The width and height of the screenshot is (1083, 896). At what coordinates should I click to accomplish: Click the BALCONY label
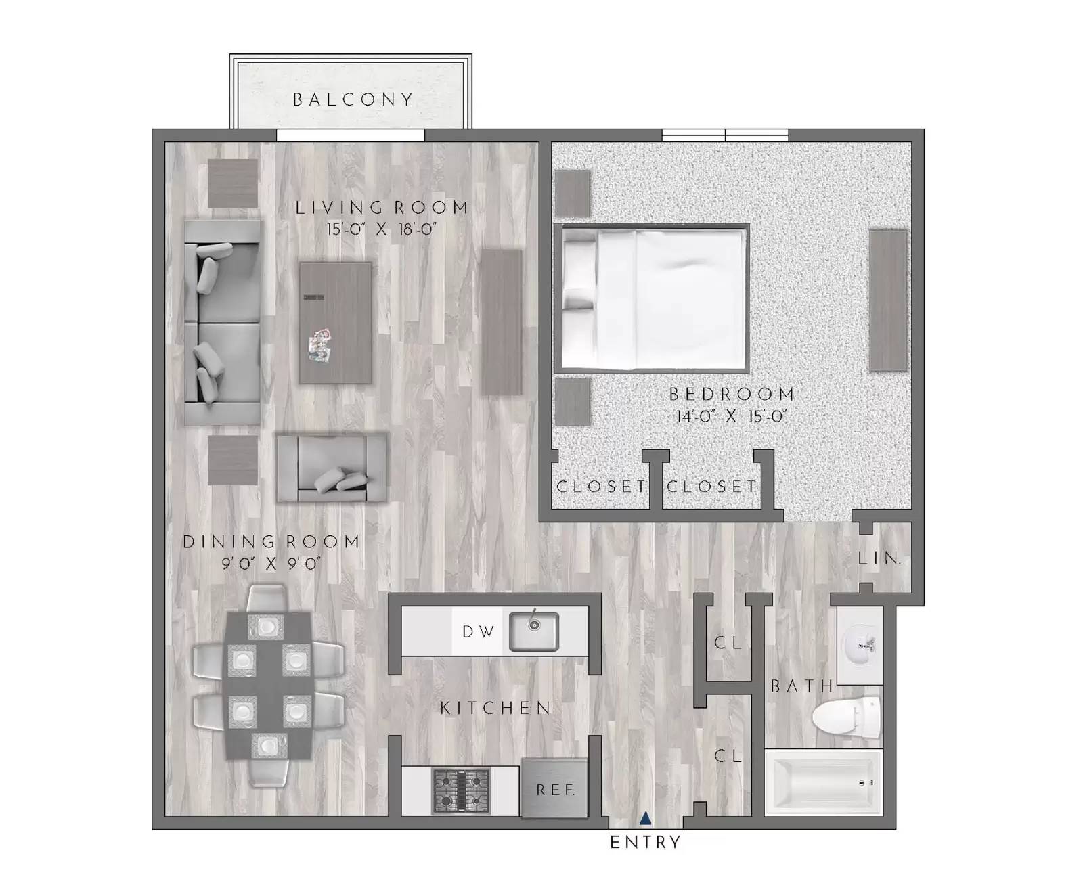[x=352, y=100]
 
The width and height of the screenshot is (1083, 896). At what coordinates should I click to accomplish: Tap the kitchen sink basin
[x=533, y=631]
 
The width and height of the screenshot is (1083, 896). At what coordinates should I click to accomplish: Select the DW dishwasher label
[x=478, y=632]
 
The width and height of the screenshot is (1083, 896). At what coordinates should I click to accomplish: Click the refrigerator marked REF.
[x=554, y=788]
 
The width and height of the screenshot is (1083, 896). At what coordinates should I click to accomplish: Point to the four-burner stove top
[x=461, y=790]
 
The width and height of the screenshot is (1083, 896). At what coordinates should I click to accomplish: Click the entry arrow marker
[x=646, y=819]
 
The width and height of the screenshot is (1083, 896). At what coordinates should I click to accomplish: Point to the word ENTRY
[x=645, y=843]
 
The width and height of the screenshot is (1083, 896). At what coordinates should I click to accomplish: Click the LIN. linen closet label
[x=879, y=558]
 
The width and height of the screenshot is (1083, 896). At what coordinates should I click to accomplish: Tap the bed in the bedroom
[x=653, y=298]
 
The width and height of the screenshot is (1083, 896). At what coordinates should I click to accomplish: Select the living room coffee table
[x=336, y=323]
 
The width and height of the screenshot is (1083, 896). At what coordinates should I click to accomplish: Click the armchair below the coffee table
[x=332, y=468]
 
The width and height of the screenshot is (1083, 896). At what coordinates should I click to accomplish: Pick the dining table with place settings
[x=268, y=686]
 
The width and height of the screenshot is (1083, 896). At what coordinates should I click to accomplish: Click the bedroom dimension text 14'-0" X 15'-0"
[x=731, y=416]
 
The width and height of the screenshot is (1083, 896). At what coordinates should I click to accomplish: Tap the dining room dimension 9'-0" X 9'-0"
[x=271, y=563]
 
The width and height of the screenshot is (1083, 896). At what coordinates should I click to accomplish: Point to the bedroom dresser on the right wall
[x=887, y=300]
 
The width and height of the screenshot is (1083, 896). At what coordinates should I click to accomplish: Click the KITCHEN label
[x=496, y=708]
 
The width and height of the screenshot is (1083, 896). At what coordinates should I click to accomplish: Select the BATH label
[x=802, y=686]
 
